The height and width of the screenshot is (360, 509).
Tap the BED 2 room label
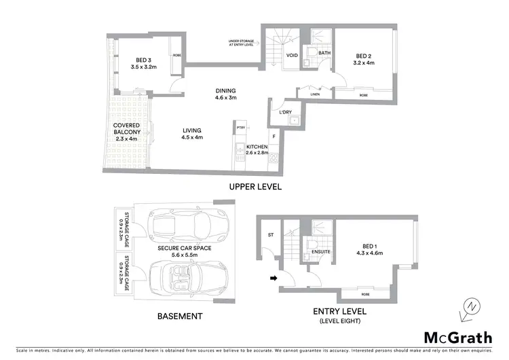click(x=365, y=59)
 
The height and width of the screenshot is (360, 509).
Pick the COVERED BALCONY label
click(x=127, y=132)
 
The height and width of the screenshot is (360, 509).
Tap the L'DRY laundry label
click(x=285, y=113)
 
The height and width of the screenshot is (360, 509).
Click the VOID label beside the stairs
click(x=293, y=56)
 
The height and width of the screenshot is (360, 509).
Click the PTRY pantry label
click(x=240, y=127)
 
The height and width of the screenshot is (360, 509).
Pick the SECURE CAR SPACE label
click(x=185, y=252)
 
